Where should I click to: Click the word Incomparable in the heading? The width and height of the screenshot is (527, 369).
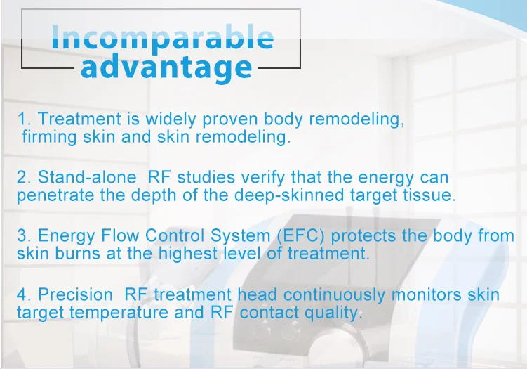[x=163, y=38]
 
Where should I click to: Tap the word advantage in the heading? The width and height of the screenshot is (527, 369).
[x=166, y=67]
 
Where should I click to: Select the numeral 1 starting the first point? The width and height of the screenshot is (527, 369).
[x=22, y=119]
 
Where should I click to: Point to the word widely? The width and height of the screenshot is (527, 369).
[x=171, y=120]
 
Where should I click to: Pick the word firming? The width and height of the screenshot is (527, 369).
[x=49, y=137]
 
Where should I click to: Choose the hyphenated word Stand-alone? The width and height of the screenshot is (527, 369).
[x=87, y=177]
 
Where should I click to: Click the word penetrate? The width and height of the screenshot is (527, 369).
[x=55, y=195]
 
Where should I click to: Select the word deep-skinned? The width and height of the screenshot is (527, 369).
[x=289, y=195]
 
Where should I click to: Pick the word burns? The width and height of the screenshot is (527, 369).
[x=78, y=253]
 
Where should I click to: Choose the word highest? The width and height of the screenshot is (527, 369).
[x=188, y=254]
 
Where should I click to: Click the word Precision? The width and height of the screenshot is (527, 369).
[x=75, y=295]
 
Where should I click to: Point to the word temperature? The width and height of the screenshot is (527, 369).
[x=119, y=313]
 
